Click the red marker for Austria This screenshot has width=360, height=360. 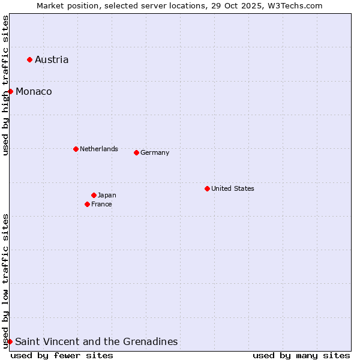[29, 59]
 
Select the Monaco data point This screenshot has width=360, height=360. [10, 91]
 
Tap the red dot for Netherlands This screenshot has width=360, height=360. [76, 149]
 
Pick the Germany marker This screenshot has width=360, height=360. [136, 152]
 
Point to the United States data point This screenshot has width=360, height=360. [207, 188]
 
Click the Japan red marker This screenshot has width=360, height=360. [94, 195]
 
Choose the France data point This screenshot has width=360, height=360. [87, 204]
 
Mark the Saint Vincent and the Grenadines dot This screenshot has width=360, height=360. [10, 341]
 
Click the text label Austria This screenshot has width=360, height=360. [52, 59]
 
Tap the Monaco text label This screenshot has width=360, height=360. [34, 91]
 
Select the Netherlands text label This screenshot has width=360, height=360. [99, 149]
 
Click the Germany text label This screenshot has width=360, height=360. [155, 152]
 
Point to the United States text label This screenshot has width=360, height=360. [233, 188]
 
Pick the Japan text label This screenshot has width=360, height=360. [107, 195]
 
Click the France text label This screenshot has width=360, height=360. [101, 204]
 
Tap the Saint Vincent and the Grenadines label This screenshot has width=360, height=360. [97, 341]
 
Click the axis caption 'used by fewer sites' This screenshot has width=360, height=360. [62, 355]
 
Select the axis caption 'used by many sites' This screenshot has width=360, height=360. [301, 355]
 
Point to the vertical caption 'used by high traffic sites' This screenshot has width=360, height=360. [5, 85]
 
